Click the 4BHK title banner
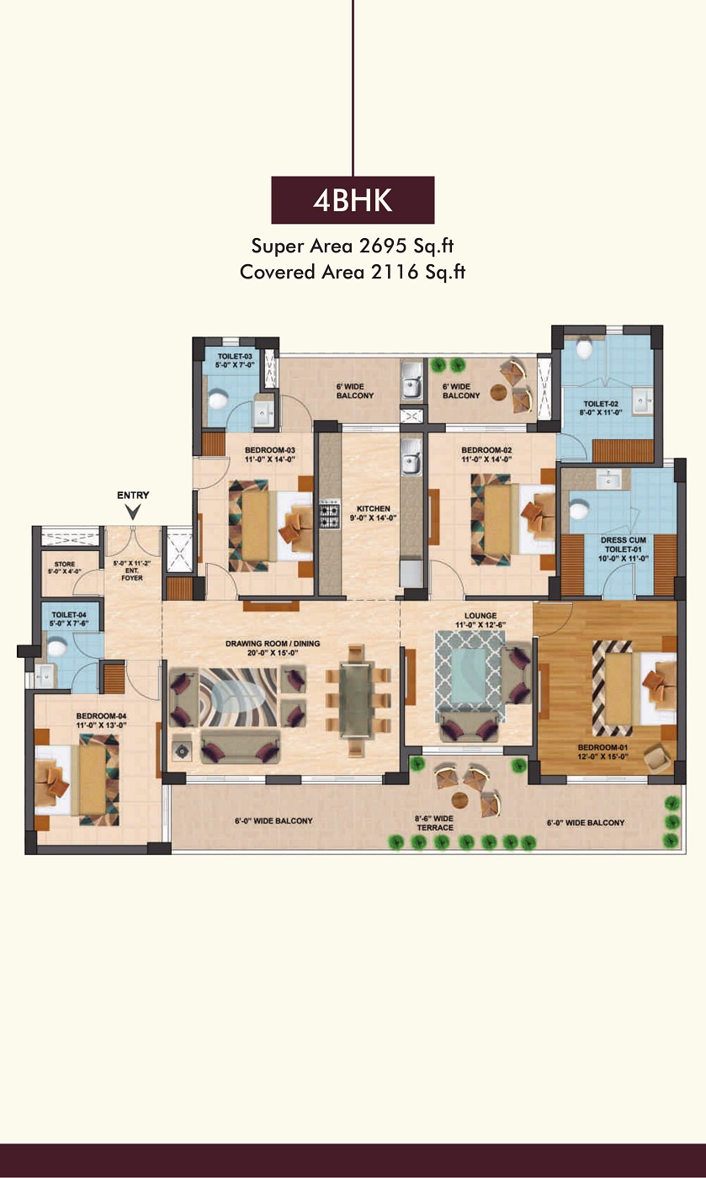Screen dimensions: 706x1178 coord(353,200)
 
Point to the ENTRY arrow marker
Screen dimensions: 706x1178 coord(133,512)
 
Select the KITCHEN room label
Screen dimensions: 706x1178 coord(374,508)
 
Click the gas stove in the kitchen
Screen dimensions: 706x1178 coord(330,514)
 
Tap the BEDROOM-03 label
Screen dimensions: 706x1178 coord(270,450)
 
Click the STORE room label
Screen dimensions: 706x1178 coord(65,564)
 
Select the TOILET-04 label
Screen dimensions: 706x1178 coord(69,615)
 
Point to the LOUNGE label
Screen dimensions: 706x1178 coord(480,615)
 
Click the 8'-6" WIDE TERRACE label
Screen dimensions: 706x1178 coord(434,823)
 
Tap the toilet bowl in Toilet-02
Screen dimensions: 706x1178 coord(583,348)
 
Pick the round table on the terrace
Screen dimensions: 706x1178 coord(459,800)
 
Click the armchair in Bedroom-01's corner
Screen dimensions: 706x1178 coord(657,759)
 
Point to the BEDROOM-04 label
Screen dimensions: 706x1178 coord(102,716)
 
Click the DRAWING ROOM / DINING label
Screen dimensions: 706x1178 coord(273,643)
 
